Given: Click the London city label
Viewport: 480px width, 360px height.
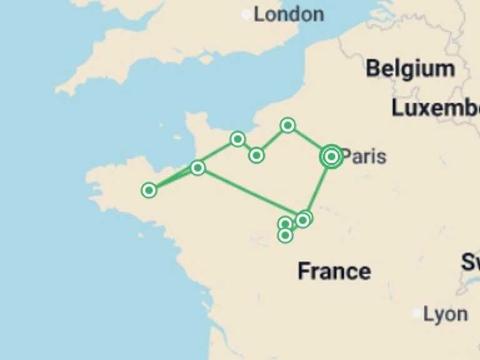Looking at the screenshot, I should coord(288,14).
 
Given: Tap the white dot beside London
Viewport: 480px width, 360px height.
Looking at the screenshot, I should coord(246,14).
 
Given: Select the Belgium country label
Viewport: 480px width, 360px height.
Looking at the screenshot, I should coord(410,69).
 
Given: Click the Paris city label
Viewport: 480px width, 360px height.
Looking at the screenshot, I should coord(364,156).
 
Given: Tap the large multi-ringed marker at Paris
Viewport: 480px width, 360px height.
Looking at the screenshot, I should coord(331,156).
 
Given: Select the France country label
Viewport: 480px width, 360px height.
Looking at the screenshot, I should coord(334,271).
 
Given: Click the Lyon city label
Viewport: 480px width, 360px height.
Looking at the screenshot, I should coord(445,314).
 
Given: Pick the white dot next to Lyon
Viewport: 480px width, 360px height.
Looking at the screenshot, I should coord(417,313).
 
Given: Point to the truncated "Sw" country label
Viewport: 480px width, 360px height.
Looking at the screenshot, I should coord(471,262).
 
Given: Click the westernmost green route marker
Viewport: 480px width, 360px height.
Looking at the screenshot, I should coord(149,190).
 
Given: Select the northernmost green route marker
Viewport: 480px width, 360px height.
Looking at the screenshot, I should coord(287,126).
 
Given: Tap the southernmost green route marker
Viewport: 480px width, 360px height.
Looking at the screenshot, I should coord(285,235).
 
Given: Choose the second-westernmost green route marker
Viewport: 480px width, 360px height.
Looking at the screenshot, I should coord(197,167).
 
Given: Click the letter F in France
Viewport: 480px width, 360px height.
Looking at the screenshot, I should coord(304,271).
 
